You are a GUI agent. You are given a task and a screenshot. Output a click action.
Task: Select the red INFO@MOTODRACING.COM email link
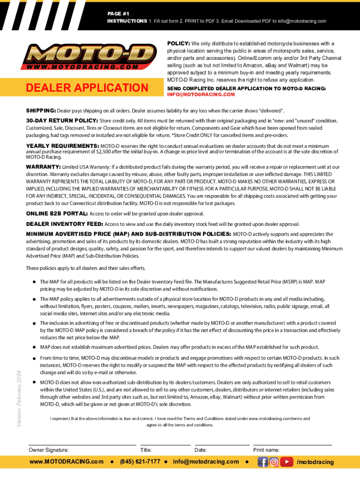pyautogui.click(x=201, y=94)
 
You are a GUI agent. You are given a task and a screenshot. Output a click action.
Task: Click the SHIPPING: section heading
pyautogui.click(x=41, y=110)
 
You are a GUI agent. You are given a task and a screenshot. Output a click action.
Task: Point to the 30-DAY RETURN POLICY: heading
pyautogui.click(x=62, y=121)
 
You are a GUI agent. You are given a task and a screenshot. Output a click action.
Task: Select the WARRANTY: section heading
pyautogui.click(x=43, y=167)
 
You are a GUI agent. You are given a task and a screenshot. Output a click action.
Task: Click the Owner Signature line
pyautogui.click(x=82, y=444)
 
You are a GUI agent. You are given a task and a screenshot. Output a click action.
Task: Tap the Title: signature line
pyautogui.click(x=165, y=444)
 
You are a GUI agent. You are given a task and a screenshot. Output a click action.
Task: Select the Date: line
pyautogui.click(x=222, y=444)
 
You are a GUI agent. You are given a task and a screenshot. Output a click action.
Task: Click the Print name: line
pyautogui.click(x=292, y=444)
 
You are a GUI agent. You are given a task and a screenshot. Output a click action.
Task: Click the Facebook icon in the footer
pyautogui.click(x=263, y=462)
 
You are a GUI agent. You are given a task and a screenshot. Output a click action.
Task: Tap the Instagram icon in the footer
pyautogui.click(x=274, y=462)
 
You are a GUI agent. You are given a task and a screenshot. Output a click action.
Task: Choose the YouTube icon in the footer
pyautogui.click(x=286, y=462)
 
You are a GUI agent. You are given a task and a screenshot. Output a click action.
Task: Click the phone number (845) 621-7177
pyautogui.click(x=140, y=462)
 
